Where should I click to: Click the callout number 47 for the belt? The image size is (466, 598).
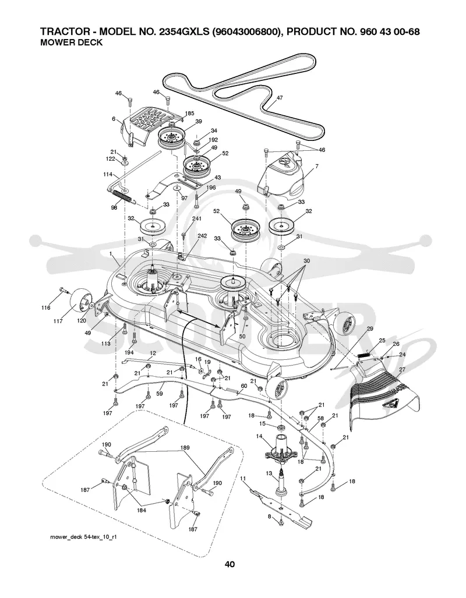280,98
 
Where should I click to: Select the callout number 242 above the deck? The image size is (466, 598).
202,236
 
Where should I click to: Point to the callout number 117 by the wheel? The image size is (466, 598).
58,321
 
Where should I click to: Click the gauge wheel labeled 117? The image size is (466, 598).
79,300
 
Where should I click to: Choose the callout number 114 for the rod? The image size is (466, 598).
108,174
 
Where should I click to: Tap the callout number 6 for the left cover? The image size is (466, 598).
114,119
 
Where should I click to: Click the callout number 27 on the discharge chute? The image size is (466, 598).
402,370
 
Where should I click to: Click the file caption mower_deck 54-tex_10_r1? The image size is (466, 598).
83,537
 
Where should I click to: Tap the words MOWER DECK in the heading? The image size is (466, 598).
72,43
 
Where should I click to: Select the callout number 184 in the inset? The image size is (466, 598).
141,510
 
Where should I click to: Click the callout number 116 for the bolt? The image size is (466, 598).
46,307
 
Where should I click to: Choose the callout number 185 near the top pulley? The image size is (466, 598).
189,114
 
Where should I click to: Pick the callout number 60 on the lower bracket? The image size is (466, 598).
243,386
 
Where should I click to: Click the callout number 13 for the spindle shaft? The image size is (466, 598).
270,473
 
